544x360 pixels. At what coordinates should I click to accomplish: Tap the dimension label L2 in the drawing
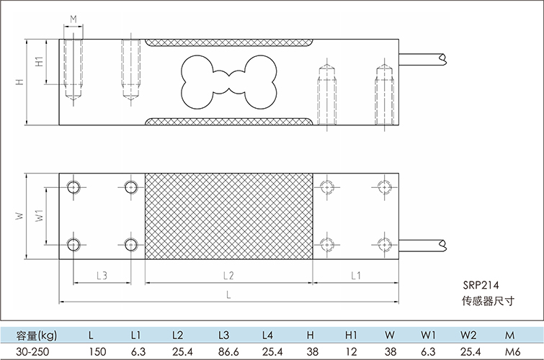[228, 275]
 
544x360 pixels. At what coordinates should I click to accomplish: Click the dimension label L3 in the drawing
[102, 275]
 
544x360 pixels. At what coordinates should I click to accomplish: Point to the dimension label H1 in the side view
[41, 63]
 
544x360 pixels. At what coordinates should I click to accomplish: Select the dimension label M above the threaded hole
[73, 19]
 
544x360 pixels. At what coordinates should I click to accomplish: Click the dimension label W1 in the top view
[41, 215]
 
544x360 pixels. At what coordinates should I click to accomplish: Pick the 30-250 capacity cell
[30, 352]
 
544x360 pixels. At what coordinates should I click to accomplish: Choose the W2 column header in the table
[469, 336]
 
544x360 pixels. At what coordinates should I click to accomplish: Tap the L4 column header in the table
[268, 336]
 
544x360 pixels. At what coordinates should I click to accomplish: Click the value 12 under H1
[352, 352]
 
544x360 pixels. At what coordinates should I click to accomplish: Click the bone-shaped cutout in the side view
[228, 81]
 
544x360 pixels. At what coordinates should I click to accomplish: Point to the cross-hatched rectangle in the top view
[228, 216]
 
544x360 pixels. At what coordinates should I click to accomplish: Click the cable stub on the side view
[425, 56]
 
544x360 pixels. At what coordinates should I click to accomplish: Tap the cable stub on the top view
[425, 243]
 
